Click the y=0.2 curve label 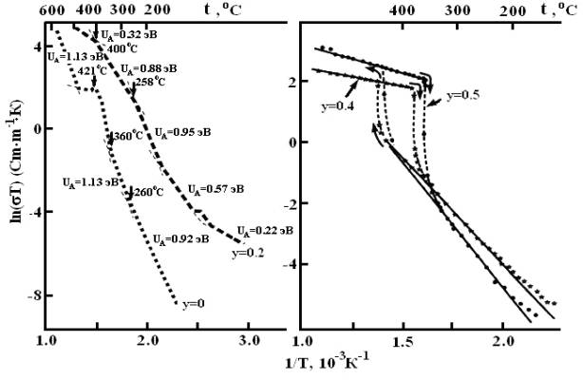(247, 254)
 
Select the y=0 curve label (195, 304)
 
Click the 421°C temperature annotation (91, 71)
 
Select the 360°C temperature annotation (126, 137)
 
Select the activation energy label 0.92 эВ (183, 239)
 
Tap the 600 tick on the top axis (50, 9)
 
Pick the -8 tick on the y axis (31, 295)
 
